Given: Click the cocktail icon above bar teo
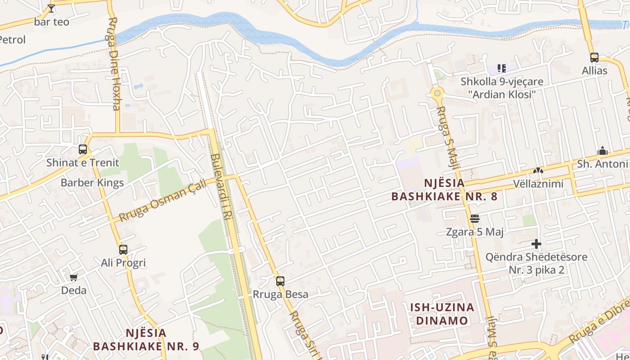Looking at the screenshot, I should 51,8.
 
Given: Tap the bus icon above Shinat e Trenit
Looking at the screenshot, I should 83,149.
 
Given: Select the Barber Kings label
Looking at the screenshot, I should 92,183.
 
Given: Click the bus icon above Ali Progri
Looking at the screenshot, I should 123,249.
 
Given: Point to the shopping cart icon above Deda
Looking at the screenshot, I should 74,277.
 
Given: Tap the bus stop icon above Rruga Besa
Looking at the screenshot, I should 280,281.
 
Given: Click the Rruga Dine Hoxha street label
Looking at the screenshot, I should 113,63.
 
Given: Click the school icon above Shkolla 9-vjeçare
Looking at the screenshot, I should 502,68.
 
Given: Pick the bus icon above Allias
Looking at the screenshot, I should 594,58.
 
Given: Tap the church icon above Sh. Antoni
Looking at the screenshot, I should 602,151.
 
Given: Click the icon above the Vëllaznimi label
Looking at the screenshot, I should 538,171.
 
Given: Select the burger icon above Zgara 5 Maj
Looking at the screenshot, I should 475,219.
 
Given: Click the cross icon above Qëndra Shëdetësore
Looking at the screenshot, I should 536,244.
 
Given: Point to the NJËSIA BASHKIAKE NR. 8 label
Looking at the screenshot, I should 444,189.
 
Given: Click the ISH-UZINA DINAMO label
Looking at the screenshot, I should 442,314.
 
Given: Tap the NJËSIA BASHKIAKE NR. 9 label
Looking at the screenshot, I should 146,340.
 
